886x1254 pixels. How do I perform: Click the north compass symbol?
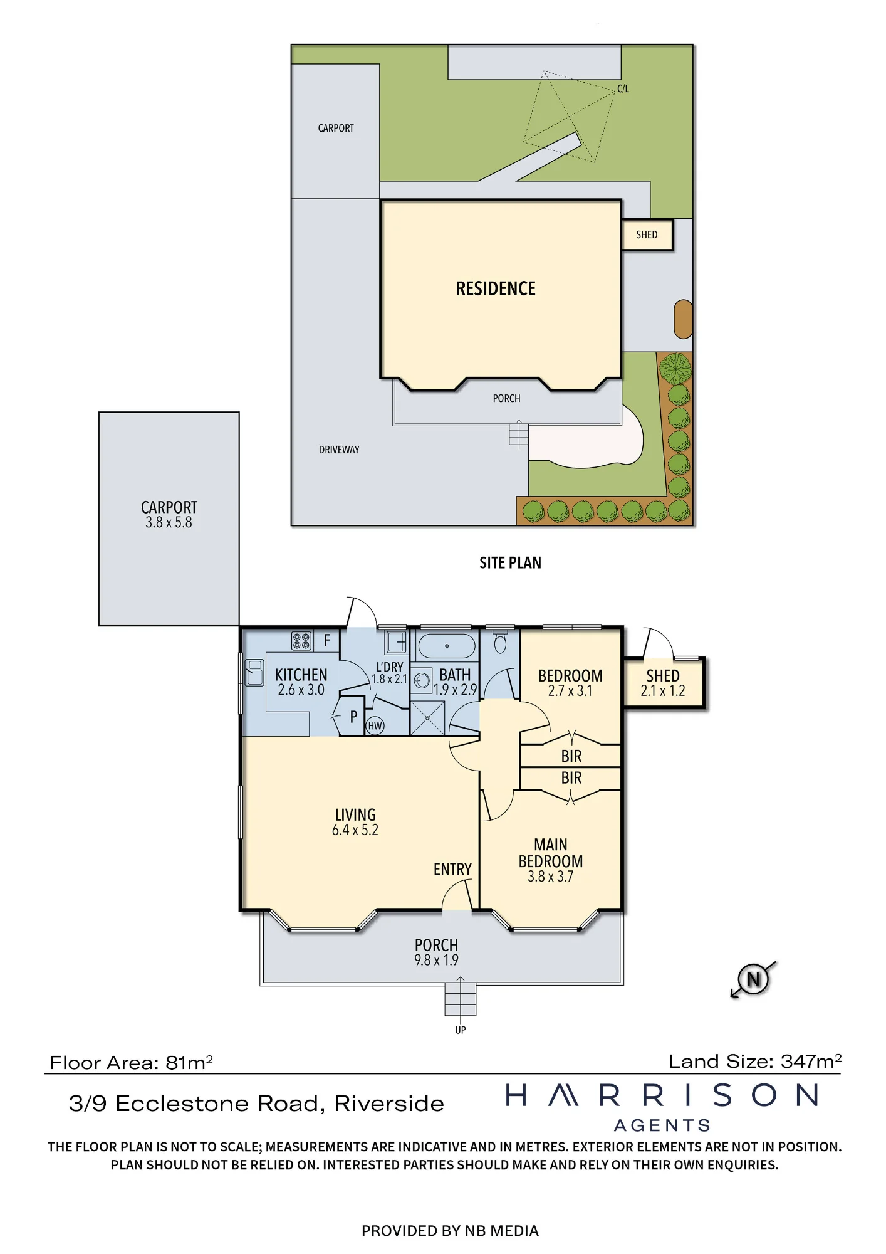tap(753, 979)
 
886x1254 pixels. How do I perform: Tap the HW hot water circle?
tap(375, 725)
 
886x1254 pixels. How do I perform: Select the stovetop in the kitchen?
tap(301, 640)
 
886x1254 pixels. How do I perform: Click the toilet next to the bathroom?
tap(500, 640)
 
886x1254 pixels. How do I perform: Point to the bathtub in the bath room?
tap(446, 645)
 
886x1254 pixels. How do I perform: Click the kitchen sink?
tap(254, 672)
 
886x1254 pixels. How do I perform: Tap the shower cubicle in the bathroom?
tap(427, 718)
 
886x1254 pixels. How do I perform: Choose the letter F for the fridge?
tap(326, 641)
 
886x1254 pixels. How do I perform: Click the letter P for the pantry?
tap(353, 716)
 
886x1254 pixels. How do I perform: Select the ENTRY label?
tap(452, 869)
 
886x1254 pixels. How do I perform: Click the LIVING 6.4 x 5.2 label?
tap(355, 822)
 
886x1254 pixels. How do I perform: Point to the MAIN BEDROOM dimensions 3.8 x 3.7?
tap(550, 877)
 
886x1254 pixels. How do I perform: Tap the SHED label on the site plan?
tap(647, 234)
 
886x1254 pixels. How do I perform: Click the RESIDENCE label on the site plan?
tap(496, 288)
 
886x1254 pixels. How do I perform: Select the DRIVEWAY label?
tap(339, 450)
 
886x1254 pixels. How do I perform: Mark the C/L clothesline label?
tap(623, 88)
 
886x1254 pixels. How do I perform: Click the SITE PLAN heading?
tap(510, 562)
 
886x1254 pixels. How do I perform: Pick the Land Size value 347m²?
tap(811, 1061)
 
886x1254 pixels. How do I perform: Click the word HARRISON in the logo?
tap(662, 1095)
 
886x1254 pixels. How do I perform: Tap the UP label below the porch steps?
tap(461, 1030)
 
